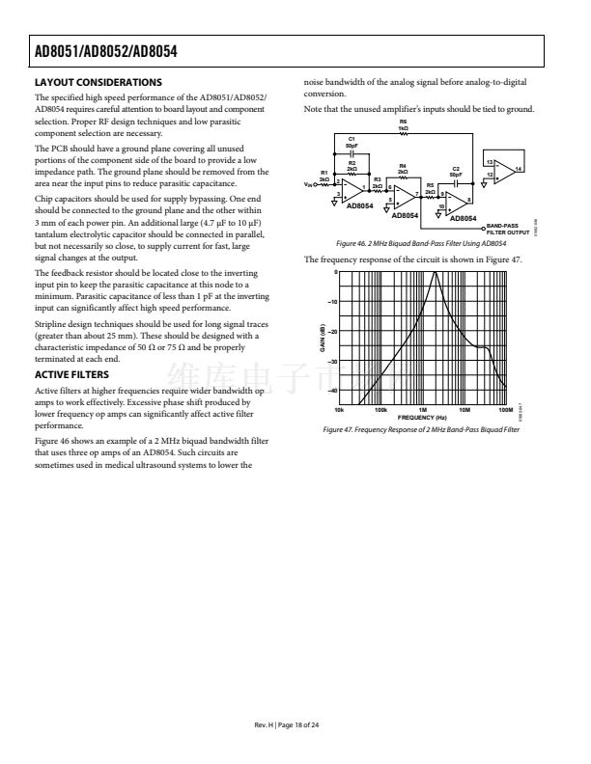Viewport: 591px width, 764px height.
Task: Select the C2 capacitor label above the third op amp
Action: (x=456, y=170)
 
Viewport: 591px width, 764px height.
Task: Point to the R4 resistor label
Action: (x=402, y=167)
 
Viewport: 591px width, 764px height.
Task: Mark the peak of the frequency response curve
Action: (x=436, y=273)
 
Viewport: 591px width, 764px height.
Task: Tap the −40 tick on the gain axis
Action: (x=331, y=391)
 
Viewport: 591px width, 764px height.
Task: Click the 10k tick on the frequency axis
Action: (x=338, y=410)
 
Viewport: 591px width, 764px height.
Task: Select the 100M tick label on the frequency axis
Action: (x=505, y=410)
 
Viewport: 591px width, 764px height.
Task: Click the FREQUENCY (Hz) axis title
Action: (x=421, y=417)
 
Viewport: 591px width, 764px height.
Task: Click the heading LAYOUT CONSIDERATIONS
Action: (x=98, y=82)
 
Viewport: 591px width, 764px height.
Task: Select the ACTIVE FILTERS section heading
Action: (x=71, y=374)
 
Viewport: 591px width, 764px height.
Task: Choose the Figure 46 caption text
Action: (x=419, y=245)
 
